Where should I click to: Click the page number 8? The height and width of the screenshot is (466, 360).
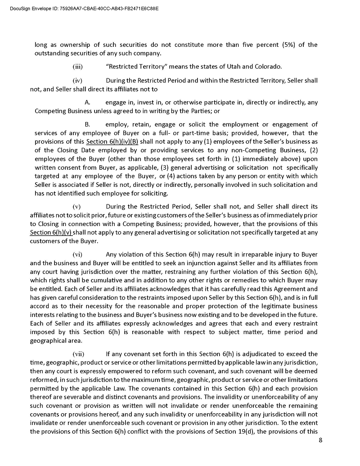(320, 440)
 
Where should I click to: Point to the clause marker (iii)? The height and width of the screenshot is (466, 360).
(77, 67)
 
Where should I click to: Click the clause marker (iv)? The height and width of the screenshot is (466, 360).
(77, 81)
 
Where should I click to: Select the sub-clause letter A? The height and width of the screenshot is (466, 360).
(88, 102)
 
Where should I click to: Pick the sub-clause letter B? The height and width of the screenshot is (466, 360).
(88, 124)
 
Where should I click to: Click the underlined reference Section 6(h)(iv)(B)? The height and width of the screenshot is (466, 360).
(112, 141)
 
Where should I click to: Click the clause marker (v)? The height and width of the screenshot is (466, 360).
(77, 207)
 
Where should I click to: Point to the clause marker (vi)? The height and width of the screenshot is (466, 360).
(77, 254)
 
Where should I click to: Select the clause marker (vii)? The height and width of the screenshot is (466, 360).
(78, 353)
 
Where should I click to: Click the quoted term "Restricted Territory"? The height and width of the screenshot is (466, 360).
(137, 67)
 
